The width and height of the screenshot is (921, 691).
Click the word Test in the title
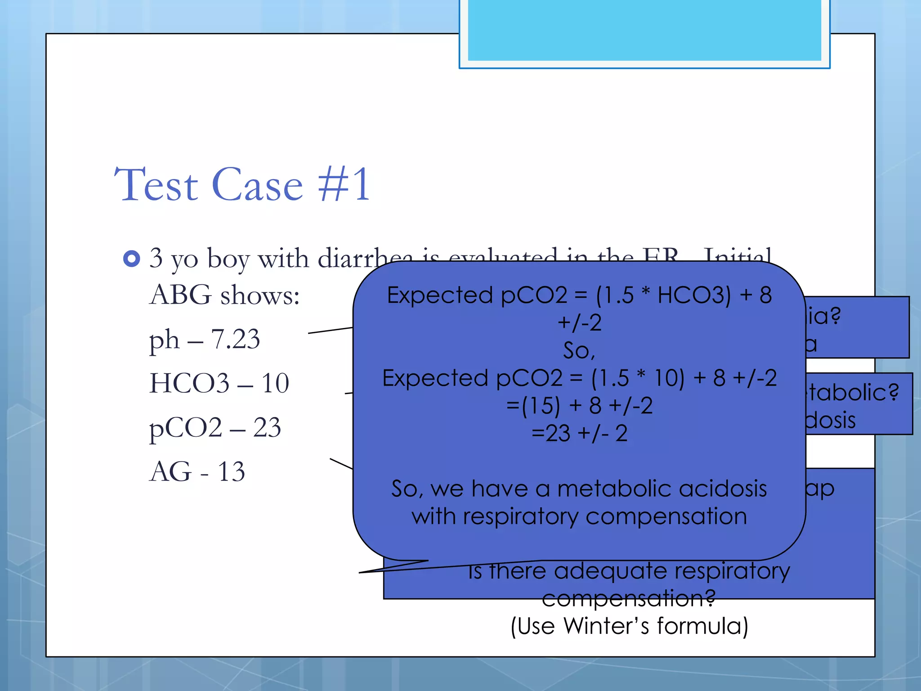156,184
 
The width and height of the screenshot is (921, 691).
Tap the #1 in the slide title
344,184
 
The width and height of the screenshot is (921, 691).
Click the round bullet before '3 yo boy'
131,259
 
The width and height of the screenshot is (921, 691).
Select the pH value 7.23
235,339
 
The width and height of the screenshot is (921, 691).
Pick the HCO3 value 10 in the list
275,383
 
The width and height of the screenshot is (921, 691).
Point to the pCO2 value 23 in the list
267,427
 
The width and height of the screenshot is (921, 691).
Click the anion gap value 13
231,471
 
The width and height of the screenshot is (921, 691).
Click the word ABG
180,295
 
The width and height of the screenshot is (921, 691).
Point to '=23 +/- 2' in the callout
579,433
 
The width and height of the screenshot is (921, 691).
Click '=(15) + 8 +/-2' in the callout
579,405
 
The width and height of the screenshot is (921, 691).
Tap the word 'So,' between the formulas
579,350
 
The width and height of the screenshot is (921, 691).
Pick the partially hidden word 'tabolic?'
853,392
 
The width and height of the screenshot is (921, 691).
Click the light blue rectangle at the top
644,30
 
